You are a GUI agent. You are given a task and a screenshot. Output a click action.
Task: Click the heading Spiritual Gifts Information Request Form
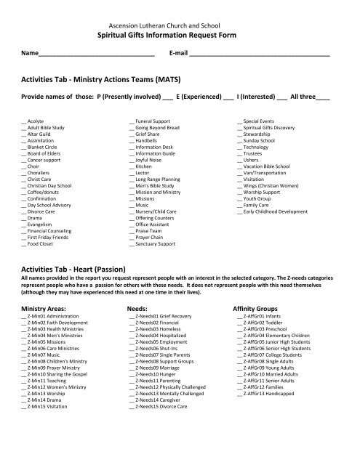pyautogui.click(x=180, y=34)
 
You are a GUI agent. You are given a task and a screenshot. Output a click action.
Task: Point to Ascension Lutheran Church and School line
pyautogui.click(x=180, y=22)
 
